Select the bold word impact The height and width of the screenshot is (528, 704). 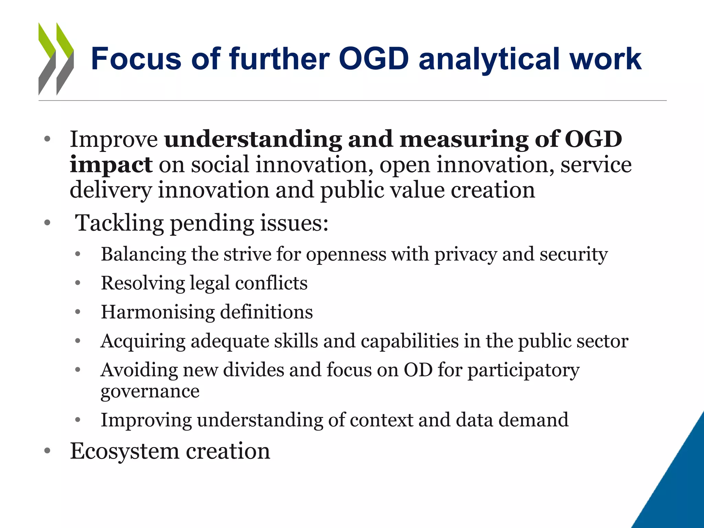pos(111,165)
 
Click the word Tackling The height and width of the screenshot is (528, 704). pos(119,223)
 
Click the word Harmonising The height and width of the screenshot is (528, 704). pos(158,312)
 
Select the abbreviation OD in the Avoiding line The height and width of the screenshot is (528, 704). pos(418,370)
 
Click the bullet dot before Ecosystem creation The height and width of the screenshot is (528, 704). pos(47,451)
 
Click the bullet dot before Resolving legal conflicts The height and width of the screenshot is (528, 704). pos(78,283)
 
